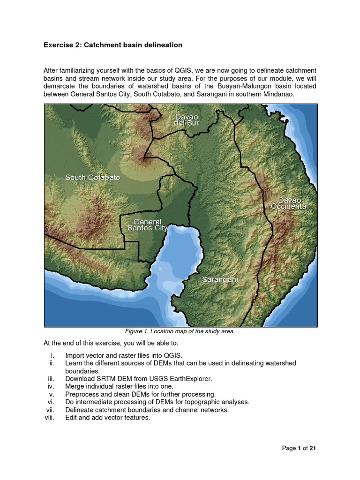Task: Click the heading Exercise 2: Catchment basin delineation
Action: [x=113, y=45]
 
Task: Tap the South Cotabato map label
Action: [x=92, y=178]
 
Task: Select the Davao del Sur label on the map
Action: [x=187, y=120]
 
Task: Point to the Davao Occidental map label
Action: [x=289, y=203]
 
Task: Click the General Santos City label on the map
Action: [x=148, y=225]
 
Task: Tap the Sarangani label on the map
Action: [x=220, y=279]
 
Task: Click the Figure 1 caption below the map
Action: [x=180, y=331]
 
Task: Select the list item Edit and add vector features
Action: [x=107, y=418]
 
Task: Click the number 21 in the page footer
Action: [x=313, y=449]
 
